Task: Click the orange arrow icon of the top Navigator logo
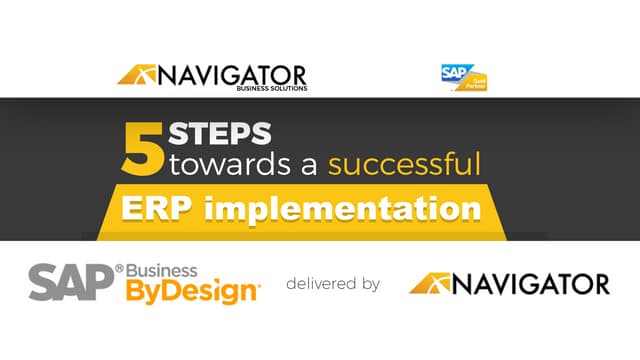(136, 75)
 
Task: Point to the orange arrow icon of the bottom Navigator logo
(429, 284)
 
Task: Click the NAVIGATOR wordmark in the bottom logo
(530, 284)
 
